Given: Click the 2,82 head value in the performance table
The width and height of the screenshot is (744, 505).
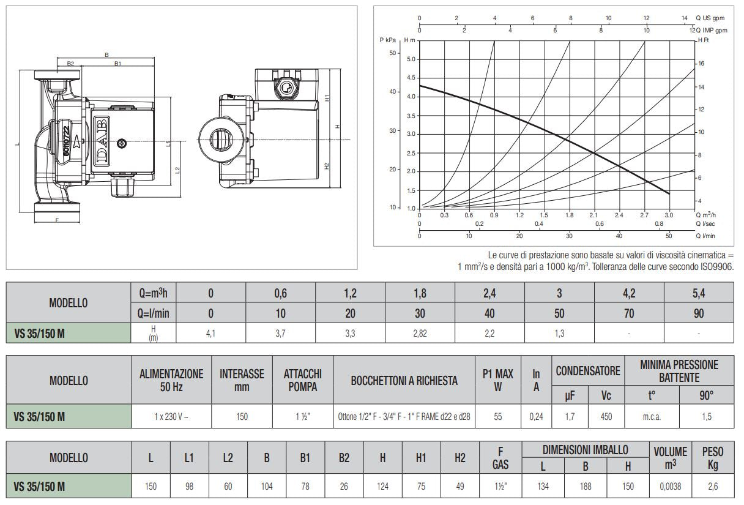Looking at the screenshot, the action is tap(420, 333).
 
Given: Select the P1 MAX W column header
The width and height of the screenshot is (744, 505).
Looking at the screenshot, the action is tap(497, 380).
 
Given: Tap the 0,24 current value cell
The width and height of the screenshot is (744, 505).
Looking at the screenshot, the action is tap(536, 416).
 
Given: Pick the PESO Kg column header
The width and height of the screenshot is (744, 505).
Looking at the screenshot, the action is tap(713, 458).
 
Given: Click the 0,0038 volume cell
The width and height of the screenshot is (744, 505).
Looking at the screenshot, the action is tap(670, 487).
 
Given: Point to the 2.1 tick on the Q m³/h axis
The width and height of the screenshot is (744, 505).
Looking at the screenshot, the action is tap(593, 215).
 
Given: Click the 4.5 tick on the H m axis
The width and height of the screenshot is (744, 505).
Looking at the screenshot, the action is tap(411, 78).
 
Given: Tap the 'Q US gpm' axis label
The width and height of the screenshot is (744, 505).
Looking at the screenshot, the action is tap(710, 18).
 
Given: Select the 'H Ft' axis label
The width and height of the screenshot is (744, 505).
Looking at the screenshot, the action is tap(704, 40).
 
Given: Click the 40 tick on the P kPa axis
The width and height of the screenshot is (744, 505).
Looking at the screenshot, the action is tap(393, 92).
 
